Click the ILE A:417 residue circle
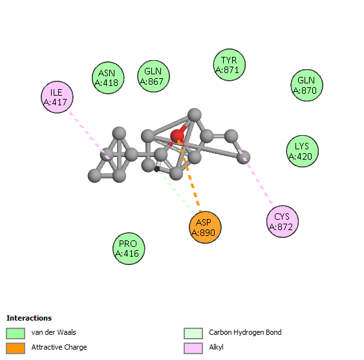click(57, 97)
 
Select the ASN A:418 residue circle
click(108, 78)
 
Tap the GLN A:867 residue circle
click(153, 76)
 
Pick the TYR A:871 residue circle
click(229, 65)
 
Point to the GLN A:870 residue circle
click(306, 85)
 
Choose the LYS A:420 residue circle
click(302, 151)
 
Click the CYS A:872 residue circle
click(283, 222)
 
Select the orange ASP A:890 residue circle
click(205, 228)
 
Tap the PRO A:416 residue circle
click(129, 249)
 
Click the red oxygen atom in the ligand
click(177, 136)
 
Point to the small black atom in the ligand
click(157, 169)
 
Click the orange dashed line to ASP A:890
click(189, 176)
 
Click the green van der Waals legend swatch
click(16, 334)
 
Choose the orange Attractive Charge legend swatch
click(16, 348)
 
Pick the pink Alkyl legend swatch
click(193, 348)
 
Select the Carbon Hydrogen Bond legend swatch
click(193, 334)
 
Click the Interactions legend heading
click(29, 318)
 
